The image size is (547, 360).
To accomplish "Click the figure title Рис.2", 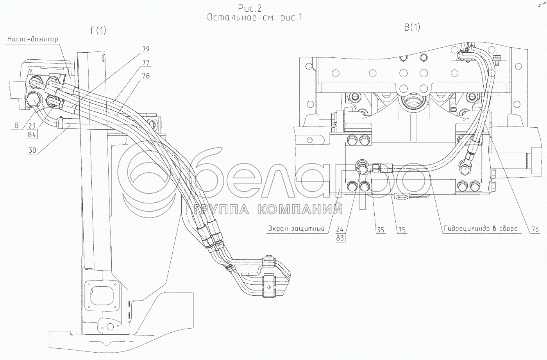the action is click(250, 8).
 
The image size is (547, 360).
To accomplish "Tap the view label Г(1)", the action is click(98, 30).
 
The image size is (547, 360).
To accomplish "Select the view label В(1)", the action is click(412, 27).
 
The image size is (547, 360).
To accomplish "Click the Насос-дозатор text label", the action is click(33, 39).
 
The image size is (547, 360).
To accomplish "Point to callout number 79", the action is click(146, 49).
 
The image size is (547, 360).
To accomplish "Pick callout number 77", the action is click(146, 62).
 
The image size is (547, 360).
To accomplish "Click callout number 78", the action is click(146, 76).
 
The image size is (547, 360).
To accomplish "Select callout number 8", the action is click(16, 125).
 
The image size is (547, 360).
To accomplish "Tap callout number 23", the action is click(32, 126).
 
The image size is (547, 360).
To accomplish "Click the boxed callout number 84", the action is click(32, 134).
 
